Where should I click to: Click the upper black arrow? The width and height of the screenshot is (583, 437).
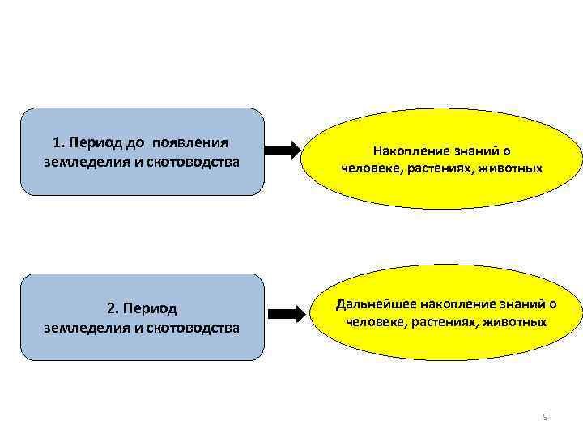(283, 151)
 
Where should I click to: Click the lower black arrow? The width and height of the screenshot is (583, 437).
(283, 313)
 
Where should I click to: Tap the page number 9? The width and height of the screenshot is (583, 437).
(545, 417)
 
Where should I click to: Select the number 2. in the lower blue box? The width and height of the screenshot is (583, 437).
(113, 309)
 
